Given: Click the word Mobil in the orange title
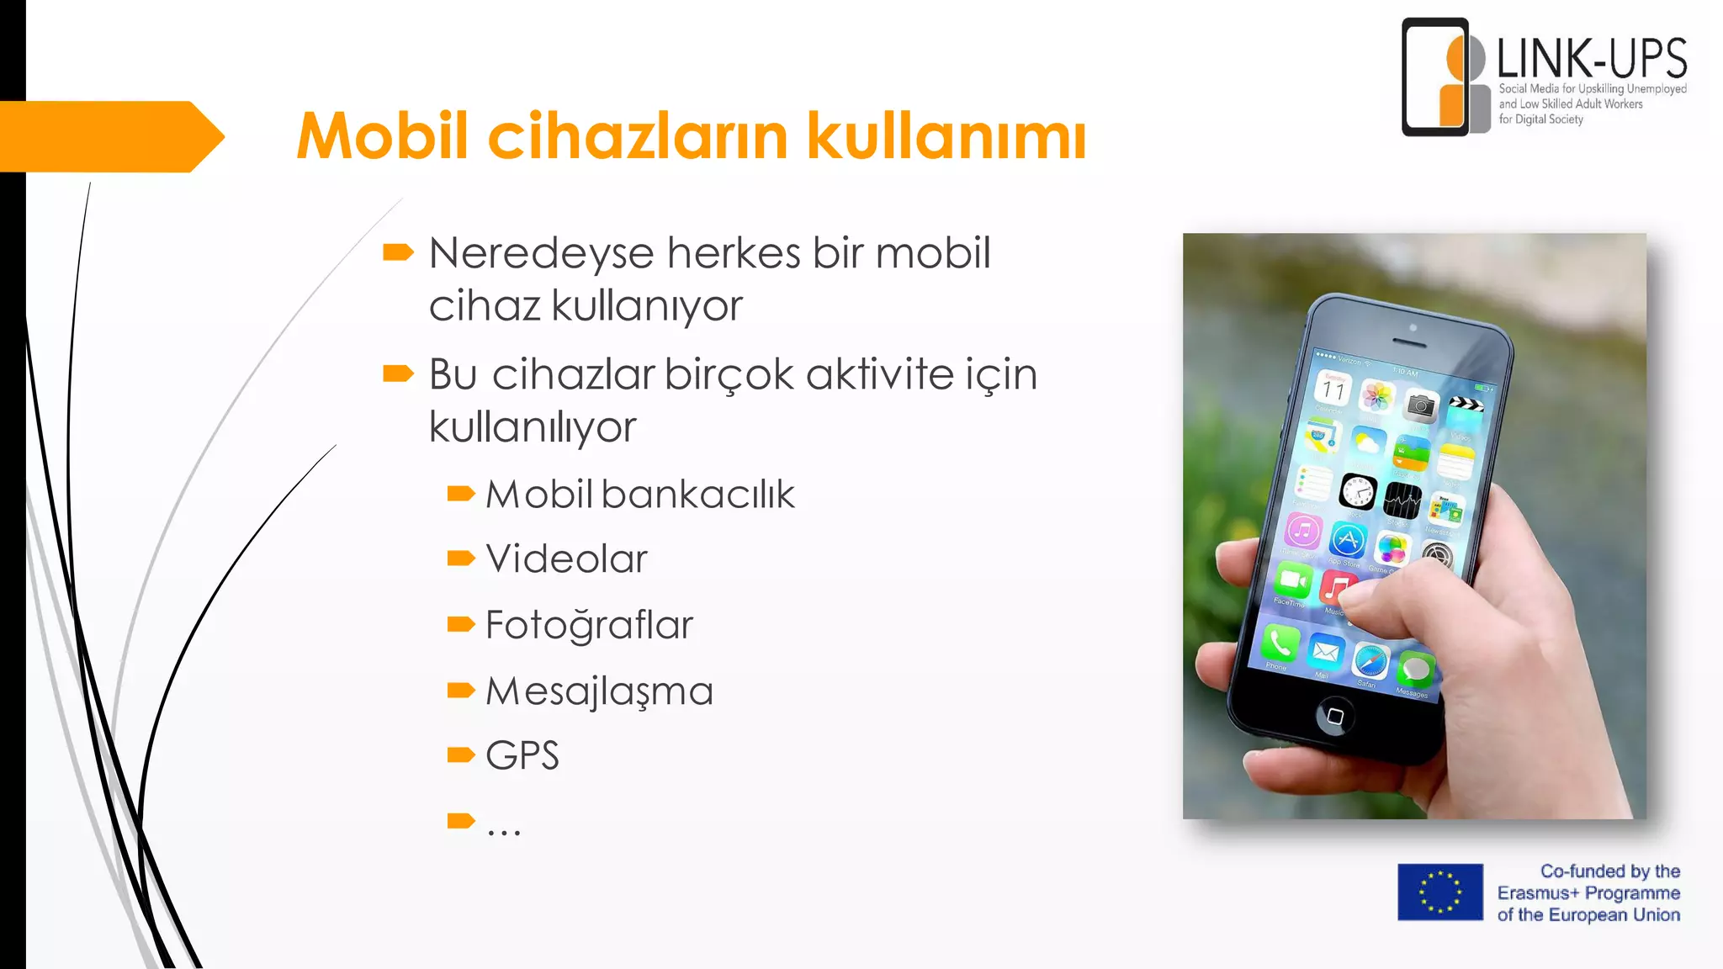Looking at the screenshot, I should click(382, 135).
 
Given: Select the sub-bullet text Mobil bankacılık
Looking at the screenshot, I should click(639, 494).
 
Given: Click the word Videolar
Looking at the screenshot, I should click(566, 559).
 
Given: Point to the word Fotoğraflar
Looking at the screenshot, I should click(589, 625).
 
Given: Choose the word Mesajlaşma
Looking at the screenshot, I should click(599, 691).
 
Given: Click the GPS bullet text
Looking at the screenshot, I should click(522, 755).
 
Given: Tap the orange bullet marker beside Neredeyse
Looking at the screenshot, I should click(398, 252).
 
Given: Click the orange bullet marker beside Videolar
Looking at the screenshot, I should click(461, 559).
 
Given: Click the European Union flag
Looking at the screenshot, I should click(1440, 892).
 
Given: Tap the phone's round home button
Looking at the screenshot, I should click(1334, 716).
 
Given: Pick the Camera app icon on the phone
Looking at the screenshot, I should click(1421, 407).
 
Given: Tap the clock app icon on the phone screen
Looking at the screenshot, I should click(1357, 491).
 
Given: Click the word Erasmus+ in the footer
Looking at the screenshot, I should click(1538, 893).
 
